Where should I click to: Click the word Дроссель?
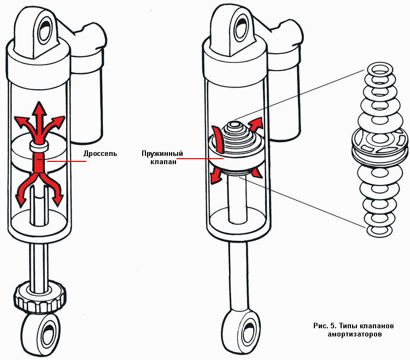pos(100,155)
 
